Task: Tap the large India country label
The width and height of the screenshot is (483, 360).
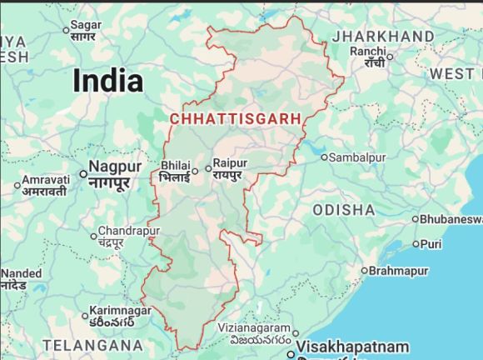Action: (x=107, y=81)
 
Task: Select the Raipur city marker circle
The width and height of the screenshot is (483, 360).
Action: (x=208, y=168)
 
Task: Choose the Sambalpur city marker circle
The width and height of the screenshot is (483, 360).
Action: (x=326, y=156)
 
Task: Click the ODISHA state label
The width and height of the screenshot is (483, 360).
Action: (x=344, y=209)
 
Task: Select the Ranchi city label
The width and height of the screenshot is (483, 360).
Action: (x=368, y=52)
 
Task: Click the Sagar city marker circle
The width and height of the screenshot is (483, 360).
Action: (x=67, y=31)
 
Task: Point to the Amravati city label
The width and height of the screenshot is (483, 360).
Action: (x=44, y=180)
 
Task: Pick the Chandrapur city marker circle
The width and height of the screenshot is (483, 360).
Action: (x=93, y=235)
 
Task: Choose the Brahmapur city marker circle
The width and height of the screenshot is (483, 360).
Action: (x=364, y=271)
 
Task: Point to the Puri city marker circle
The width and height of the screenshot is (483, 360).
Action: (x=416, y=244)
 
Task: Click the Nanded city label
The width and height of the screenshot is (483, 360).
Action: (x=21, y=273)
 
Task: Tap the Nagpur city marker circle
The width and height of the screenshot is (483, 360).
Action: (x=83, y=173)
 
